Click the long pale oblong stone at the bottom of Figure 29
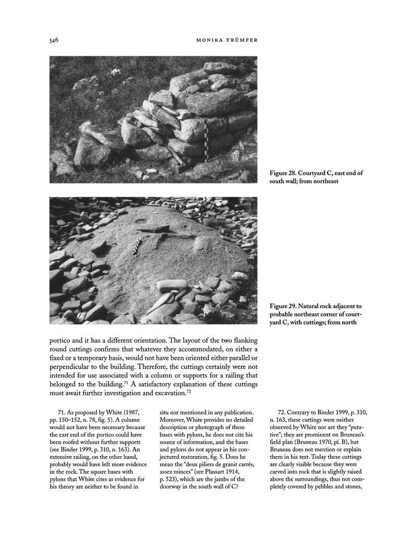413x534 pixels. (172, 286)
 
